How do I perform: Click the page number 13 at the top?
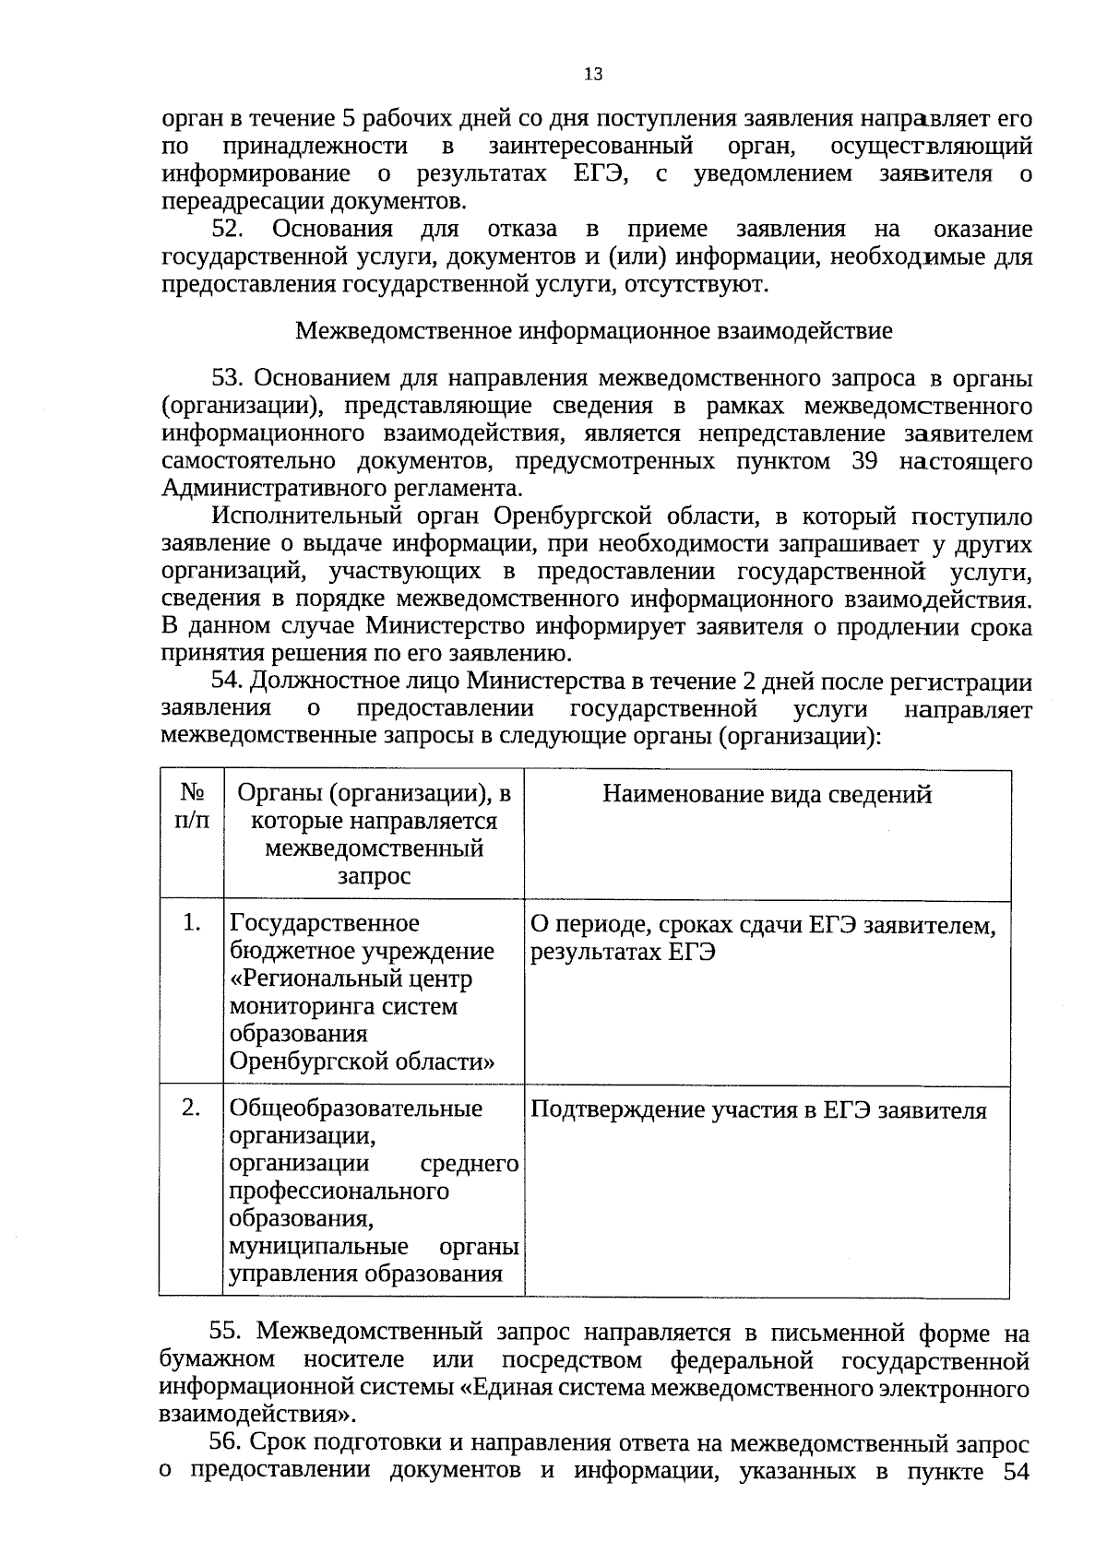(593, 75)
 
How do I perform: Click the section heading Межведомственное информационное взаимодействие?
(593, 331)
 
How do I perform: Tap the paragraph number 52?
(226, 229)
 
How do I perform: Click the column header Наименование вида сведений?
(767, 795)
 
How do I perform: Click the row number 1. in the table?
(191, 922)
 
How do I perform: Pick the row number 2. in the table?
(191, 1108)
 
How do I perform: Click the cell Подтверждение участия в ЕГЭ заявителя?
(758, 1110)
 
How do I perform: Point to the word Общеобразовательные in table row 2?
(355, 1109)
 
